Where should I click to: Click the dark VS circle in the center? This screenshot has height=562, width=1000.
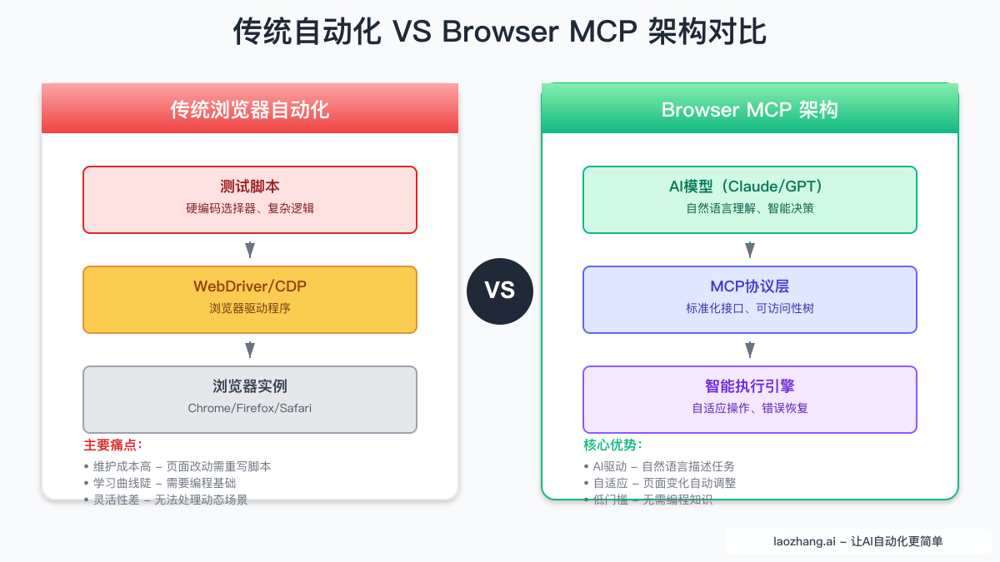pyautogui.click(x=500, y=291)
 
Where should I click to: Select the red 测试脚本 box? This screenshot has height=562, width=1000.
pyautogui.click(x=250, y=200)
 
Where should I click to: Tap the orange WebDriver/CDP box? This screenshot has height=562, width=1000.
pyautogui.click(x=250, y=300)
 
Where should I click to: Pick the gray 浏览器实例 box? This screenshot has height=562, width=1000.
pyautogui.click(x=250, y=400)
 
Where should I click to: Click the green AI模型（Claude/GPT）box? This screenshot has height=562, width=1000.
pyautogui.click(x=750, y=200)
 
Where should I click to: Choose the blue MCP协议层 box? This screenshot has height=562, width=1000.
pyautogui.click(x=750, y=300)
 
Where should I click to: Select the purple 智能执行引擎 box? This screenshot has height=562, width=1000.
pyautogui.click(x=750, y=400)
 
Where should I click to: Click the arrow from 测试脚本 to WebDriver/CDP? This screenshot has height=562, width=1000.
pyautogui.click(x=250, y=250)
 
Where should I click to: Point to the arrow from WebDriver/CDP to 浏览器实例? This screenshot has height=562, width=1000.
pyautogui.click(x=250, y=350)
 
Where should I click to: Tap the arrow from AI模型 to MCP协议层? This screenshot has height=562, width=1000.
pyautogui.click(x=750, y=250)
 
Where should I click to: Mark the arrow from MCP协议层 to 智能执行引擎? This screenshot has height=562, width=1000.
pyautogui.click(x=750, y=350)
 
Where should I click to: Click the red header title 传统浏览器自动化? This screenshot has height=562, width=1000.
pyautogui.click(x=250, y=109)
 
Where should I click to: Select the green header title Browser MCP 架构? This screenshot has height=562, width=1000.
pyautogui.click(x=750, y=109)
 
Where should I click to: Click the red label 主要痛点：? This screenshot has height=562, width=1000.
pyautogui.click(x=113, y=445)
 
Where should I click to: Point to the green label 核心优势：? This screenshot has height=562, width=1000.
pyautogui.click(x=613, y=445)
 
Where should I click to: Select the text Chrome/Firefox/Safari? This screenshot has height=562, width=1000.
pyautogui.click(x=250, y=409)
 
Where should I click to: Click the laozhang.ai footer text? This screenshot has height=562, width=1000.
pyautogui.click(x=857, y=541)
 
